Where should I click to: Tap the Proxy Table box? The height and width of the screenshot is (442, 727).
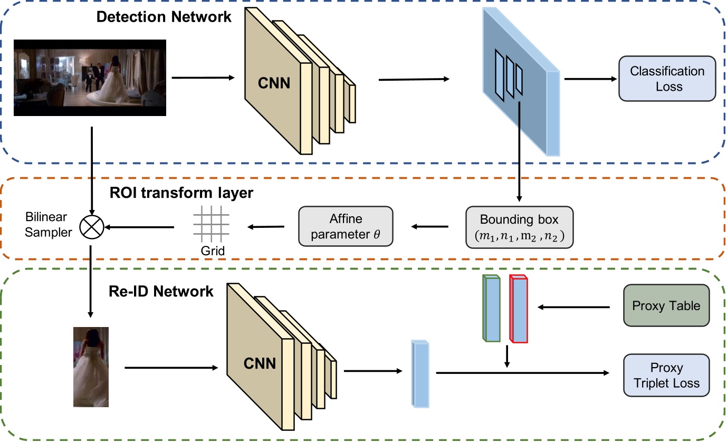666,305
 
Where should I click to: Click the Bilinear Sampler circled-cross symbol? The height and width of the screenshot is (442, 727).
91,227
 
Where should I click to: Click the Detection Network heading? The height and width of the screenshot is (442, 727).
164,17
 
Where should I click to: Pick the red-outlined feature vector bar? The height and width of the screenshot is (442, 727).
518,309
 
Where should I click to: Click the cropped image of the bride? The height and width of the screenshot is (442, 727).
91,367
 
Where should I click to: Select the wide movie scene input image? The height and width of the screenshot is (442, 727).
90,78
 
